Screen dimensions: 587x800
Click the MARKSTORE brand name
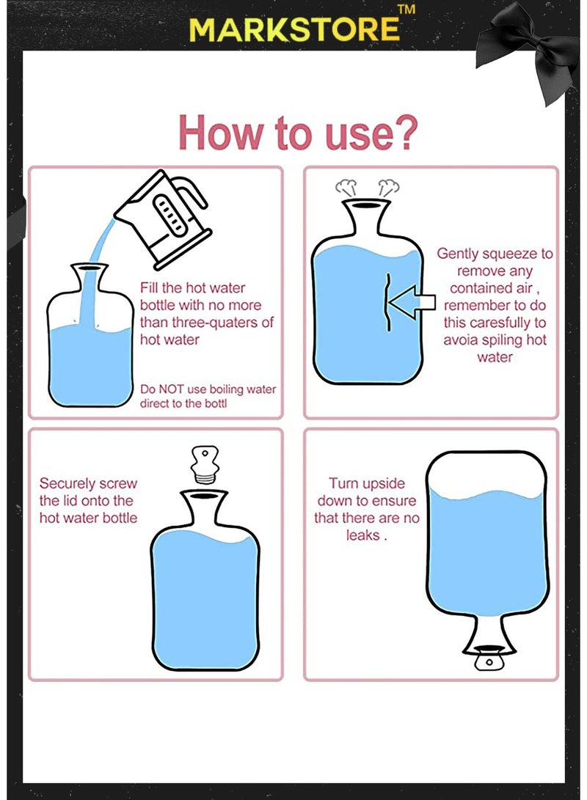tap(294, 29)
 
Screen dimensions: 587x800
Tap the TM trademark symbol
tap(406, 10)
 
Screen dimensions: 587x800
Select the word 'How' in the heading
tap(221, 133)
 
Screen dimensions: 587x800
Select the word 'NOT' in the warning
tap(171, 389)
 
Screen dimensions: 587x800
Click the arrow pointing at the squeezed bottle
tap(412, 302)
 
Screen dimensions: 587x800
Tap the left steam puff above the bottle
tap(346, 188)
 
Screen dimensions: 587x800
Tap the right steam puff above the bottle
tap(388, 188)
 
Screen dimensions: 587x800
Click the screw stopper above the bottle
tap(205, 464)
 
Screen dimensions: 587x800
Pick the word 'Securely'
tap(66, 484)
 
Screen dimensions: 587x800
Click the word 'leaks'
tap(362, 535)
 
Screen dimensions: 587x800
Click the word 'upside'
tap(382, 484)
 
